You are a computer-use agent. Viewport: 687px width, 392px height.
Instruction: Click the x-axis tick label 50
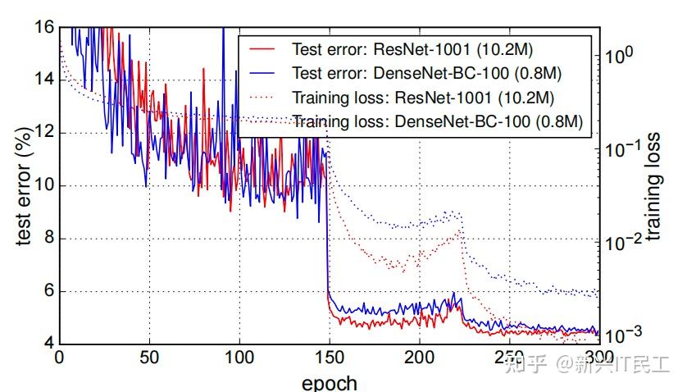(148, 358)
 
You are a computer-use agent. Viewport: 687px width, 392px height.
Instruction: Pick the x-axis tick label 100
(239, 358)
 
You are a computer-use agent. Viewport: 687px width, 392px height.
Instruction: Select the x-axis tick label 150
(329, 358)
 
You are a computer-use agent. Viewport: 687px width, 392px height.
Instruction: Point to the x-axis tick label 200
(419, 358)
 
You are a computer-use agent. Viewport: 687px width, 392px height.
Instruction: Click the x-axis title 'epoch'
(329, 381)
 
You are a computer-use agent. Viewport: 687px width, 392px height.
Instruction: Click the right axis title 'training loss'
(653, 185)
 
